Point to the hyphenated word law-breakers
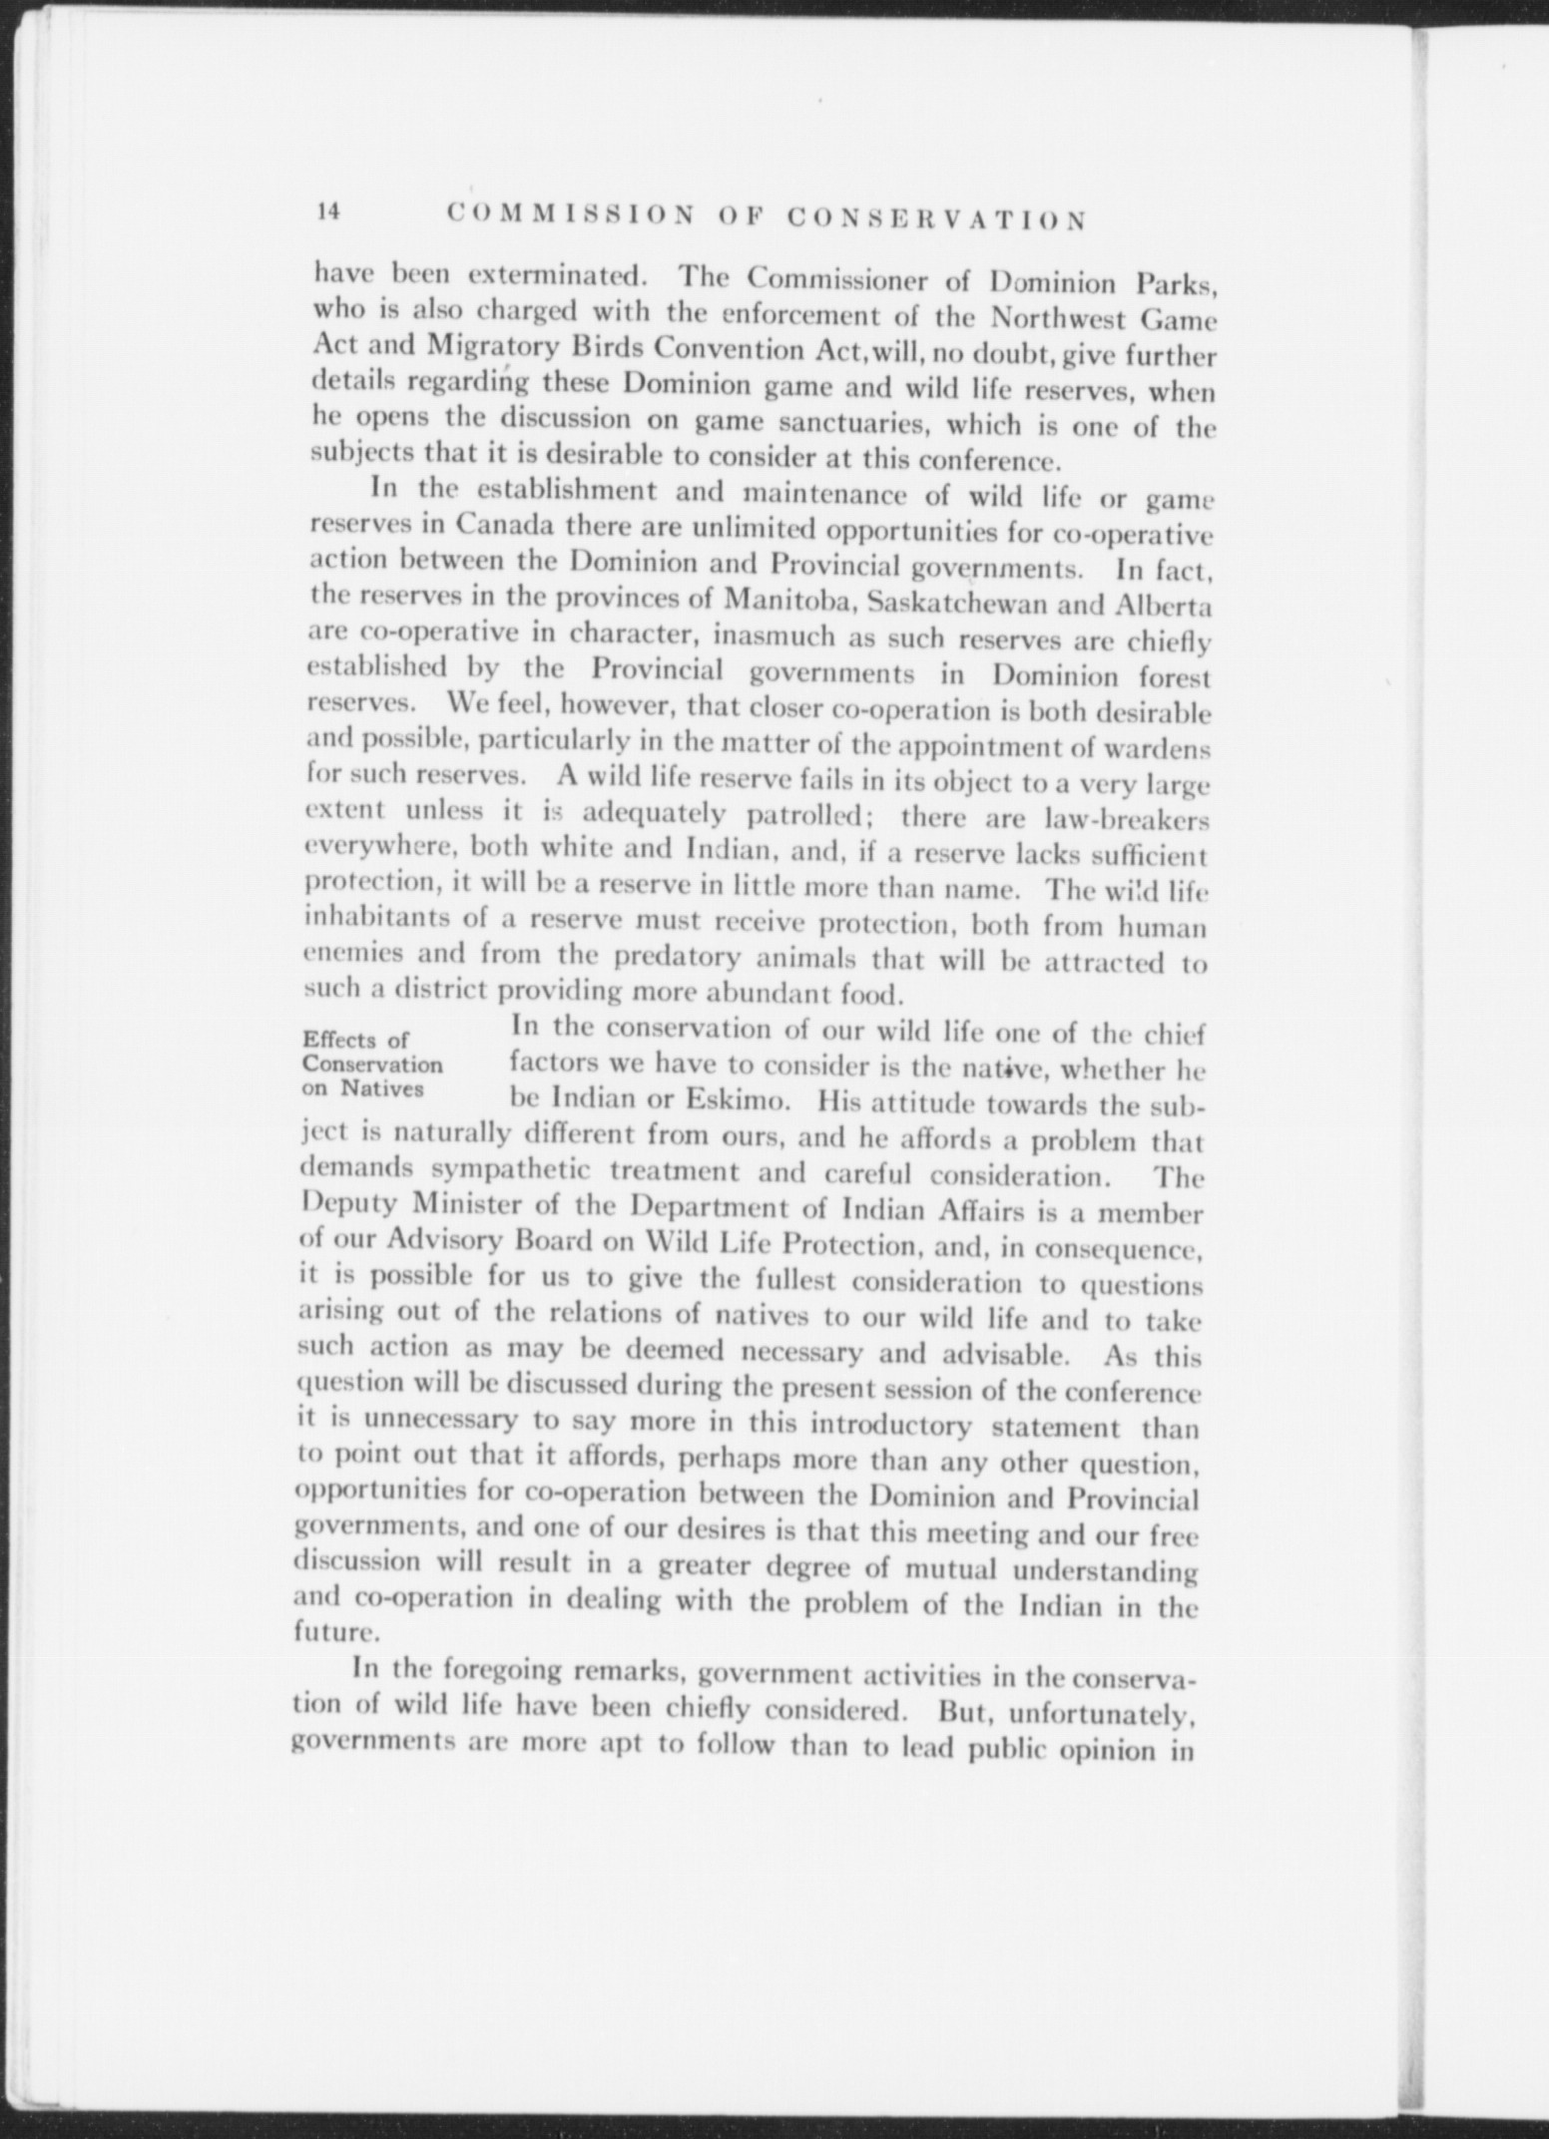[x=1125, y=818]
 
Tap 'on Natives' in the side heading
[x=362, y=1087]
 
